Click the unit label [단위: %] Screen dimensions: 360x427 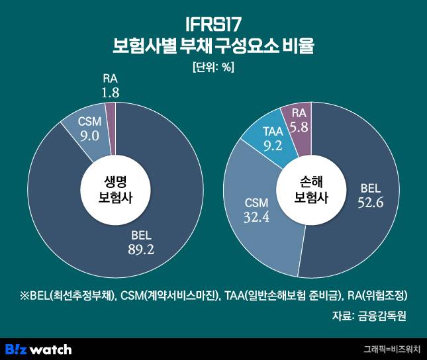click(x=213, y=67)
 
